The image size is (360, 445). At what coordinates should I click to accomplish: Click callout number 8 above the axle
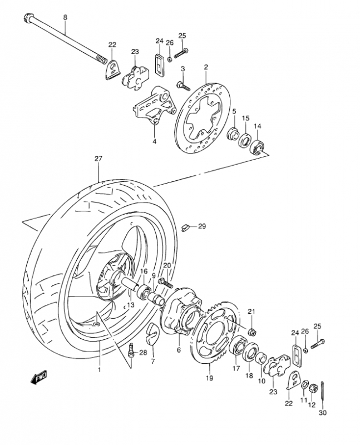coord(65,18)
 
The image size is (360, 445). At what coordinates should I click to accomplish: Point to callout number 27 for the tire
coord(98,159)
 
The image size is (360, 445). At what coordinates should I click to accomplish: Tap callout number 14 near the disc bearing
coord(258,126)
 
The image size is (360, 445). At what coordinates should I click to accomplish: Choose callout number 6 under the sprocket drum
coord(179,350)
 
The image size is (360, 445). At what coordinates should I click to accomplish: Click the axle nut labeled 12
coord(313,386)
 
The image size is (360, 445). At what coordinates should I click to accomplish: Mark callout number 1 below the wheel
coord(100,369)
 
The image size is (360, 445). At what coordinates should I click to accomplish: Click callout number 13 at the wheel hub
coord(131,305)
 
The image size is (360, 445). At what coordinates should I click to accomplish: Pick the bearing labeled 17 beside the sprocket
coord(241,348)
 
